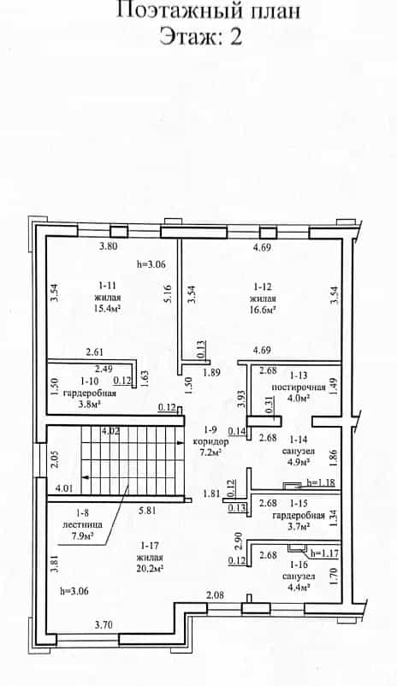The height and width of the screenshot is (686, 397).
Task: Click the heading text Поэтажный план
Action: (x=209, y=10)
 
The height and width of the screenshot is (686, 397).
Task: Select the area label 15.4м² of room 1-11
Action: (x=107, y=309)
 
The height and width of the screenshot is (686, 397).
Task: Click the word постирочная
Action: (x=299, y=387)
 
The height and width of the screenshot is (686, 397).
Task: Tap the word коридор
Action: (x=211, y=441)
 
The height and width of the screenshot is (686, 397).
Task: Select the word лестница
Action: (x=83, y=523)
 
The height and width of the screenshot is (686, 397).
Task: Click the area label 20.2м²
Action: (x=150, y=569)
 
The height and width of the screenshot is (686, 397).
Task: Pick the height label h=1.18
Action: (x=321, y=482)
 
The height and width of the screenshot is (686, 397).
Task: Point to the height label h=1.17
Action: (x=325, y=553)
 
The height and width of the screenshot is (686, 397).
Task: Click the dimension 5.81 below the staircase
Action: (x=147, y=510)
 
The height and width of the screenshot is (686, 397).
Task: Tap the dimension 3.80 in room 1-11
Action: (x=108, y=245)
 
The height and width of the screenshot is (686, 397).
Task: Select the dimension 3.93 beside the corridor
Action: (x=240, y=399)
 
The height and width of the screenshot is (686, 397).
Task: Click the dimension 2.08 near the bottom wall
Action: (x=216, y=594)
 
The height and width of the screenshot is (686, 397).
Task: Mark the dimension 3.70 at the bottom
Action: (x=104, y=625)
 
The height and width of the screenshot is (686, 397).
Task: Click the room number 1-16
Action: (x=299, y=565)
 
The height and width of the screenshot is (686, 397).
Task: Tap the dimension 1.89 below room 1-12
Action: (x=211, y=373)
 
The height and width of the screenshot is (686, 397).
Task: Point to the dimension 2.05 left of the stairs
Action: (x=54, y=460)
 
